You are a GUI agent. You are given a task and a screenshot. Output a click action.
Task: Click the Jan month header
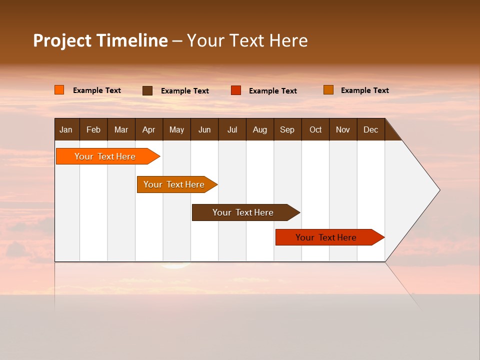coord(66,129)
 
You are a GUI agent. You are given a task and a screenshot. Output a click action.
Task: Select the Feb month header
coord(93,129)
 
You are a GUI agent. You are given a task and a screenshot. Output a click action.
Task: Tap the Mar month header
coord(121,129)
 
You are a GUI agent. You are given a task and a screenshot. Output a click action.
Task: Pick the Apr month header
coord(148,129)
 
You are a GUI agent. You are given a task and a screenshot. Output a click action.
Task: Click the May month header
coord(176,129)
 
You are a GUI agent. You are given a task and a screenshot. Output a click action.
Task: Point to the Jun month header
coord(204,129)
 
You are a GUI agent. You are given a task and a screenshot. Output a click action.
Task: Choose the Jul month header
coord(232,129)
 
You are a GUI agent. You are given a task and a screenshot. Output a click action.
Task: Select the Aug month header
coord(260,129)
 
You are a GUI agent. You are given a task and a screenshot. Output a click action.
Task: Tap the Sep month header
coord(287,129)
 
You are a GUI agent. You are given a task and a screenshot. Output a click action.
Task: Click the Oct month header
coord(315,129)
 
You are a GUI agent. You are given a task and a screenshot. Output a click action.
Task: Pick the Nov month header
coord(343,129)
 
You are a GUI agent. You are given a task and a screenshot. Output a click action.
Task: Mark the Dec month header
coord(371,129)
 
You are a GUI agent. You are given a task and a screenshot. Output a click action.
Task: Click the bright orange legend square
coord(59,90)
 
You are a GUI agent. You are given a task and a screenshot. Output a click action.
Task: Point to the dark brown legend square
coord(147,90)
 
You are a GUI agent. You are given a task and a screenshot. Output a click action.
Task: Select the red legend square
coord(236,90)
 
